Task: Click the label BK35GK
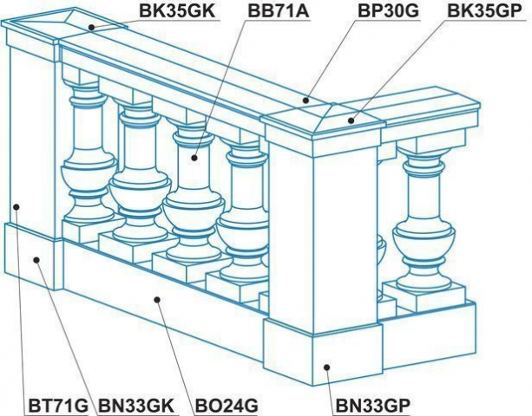point(177,11)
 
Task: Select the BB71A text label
point(279,11)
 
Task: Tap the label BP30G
point(389,11)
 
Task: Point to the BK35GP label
point(484,11)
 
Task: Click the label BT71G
point(58,405)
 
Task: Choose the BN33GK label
point(136,405)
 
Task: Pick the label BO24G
point(227,405)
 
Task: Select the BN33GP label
point(373,405)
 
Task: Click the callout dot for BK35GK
point(92,27)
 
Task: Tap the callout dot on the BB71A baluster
point(194,158)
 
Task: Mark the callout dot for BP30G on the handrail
point(306,101)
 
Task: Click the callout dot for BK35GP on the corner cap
point(351,120)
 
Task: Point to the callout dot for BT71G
point(16,206)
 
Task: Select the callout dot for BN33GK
point(36,260)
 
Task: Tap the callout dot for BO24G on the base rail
point(157,300)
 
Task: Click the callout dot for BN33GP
point(326,367)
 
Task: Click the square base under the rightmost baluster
point(424,296)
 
